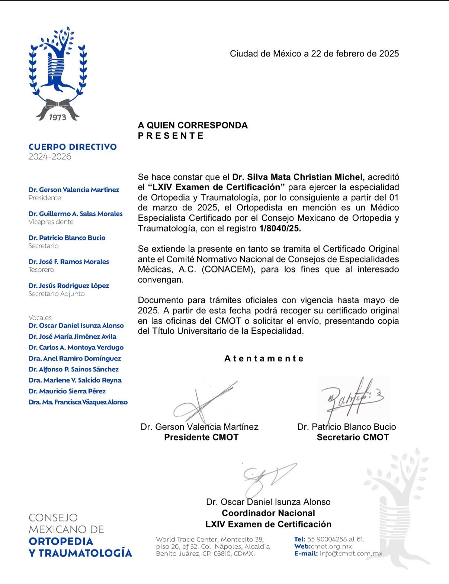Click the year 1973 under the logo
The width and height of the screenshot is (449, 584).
click(x=58, y=117)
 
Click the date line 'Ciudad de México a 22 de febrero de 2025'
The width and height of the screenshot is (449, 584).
click(x=314, y=54)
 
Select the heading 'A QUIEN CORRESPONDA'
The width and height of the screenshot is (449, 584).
click(x=193, y=125)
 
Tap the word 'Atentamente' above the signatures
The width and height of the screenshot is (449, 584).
click(x=264, y=359)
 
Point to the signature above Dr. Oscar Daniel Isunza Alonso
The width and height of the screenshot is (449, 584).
click(x=268, y=478)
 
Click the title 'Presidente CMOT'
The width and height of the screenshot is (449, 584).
click(x=201, y=437)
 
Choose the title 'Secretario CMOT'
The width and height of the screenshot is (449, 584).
click(x=353, y=437)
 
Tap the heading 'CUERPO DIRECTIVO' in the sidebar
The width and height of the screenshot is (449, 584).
click(x=73, y=147)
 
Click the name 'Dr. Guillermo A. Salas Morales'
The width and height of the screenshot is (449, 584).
click(x=76, y=214)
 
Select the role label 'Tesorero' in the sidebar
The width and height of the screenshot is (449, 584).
click(x=41, y=270)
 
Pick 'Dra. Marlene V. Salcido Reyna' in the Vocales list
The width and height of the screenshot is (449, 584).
click(x=75, y=380)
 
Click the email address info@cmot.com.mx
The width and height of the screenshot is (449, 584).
click(x=351, y=554)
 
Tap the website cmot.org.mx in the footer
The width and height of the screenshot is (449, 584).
click(x=331, y=546)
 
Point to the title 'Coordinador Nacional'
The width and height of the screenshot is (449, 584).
click(x=268, y=513)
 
